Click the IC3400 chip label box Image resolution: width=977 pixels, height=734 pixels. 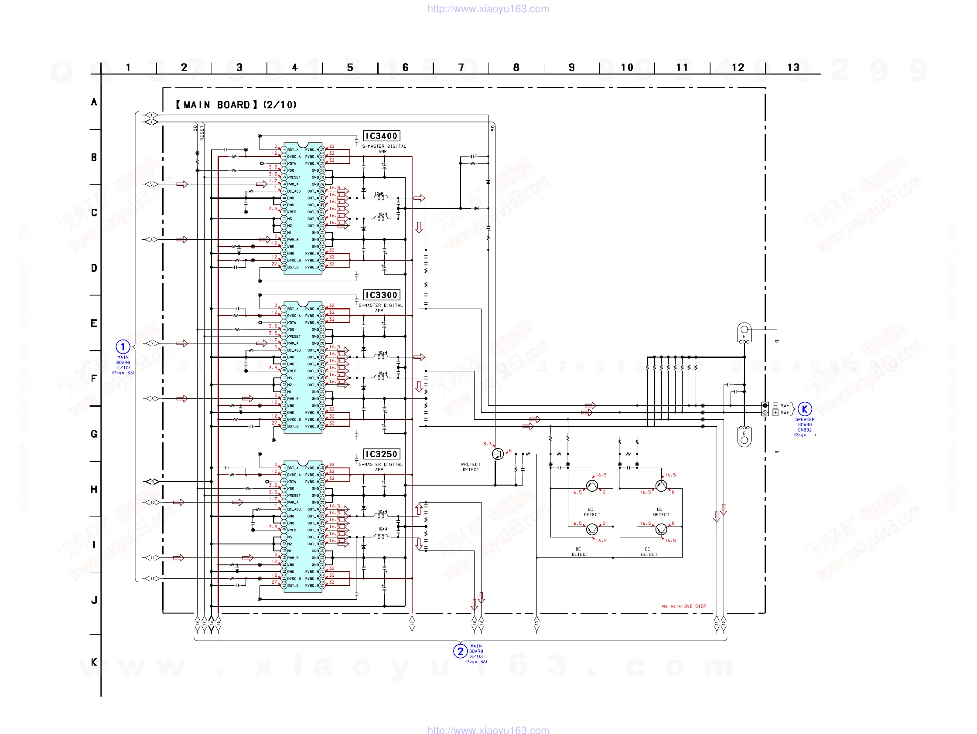[x=381, y=136]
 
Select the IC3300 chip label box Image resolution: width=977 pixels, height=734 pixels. [x=381, y=295]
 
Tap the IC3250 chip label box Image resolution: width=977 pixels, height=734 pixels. [x=381, y=454]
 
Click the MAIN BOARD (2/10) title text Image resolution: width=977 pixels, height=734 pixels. [x=236, y=105]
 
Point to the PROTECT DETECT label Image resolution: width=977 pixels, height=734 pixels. [x=470, y=467]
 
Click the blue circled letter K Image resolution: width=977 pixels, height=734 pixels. [x=804, y=409]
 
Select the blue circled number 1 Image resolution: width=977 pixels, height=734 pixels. [x=123, y=347]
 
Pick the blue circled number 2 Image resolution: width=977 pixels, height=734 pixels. [x=460, y=651]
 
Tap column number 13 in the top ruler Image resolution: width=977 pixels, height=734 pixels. [x=793, y=68]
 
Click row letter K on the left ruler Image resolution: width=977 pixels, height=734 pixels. [x=94, y=662]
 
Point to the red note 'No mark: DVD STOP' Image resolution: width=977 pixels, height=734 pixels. [x=684, y=606]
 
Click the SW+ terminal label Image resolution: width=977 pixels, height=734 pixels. [x=784, y=413]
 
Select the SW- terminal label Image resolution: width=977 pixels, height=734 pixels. [x=784, y=406]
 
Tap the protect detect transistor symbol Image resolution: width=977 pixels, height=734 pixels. [x=498, y=454]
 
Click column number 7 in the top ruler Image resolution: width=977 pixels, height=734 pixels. [x=461, y=68]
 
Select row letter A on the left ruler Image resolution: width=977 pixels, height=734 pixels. [x=94, y=102]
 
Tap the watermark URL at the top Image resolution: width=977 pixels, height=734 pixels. [x=488, y=9]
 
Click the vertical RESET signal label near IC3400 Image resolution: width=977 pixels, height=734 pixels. [x=202, y=133]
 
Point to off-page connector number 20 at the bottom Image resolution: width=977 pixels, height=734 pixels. [x=536, y=623]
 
